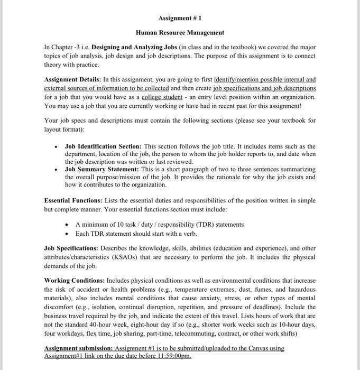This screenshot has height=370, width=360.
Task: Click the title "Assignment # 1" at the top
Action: click(180, 18)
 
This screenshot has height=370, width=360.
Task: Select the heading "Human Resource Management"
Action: click(180, 32)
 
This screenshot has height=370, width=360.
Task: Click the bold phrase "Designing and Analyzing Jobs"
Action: click(135, 47)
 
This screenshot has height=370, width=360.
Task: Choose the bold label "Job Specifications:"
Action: click(72, 248)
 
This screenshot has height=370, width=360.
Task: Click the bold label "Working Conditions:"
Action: click(74, 280)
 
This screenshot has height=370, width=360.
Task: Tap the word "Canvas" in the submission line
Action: click(254, 348)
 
